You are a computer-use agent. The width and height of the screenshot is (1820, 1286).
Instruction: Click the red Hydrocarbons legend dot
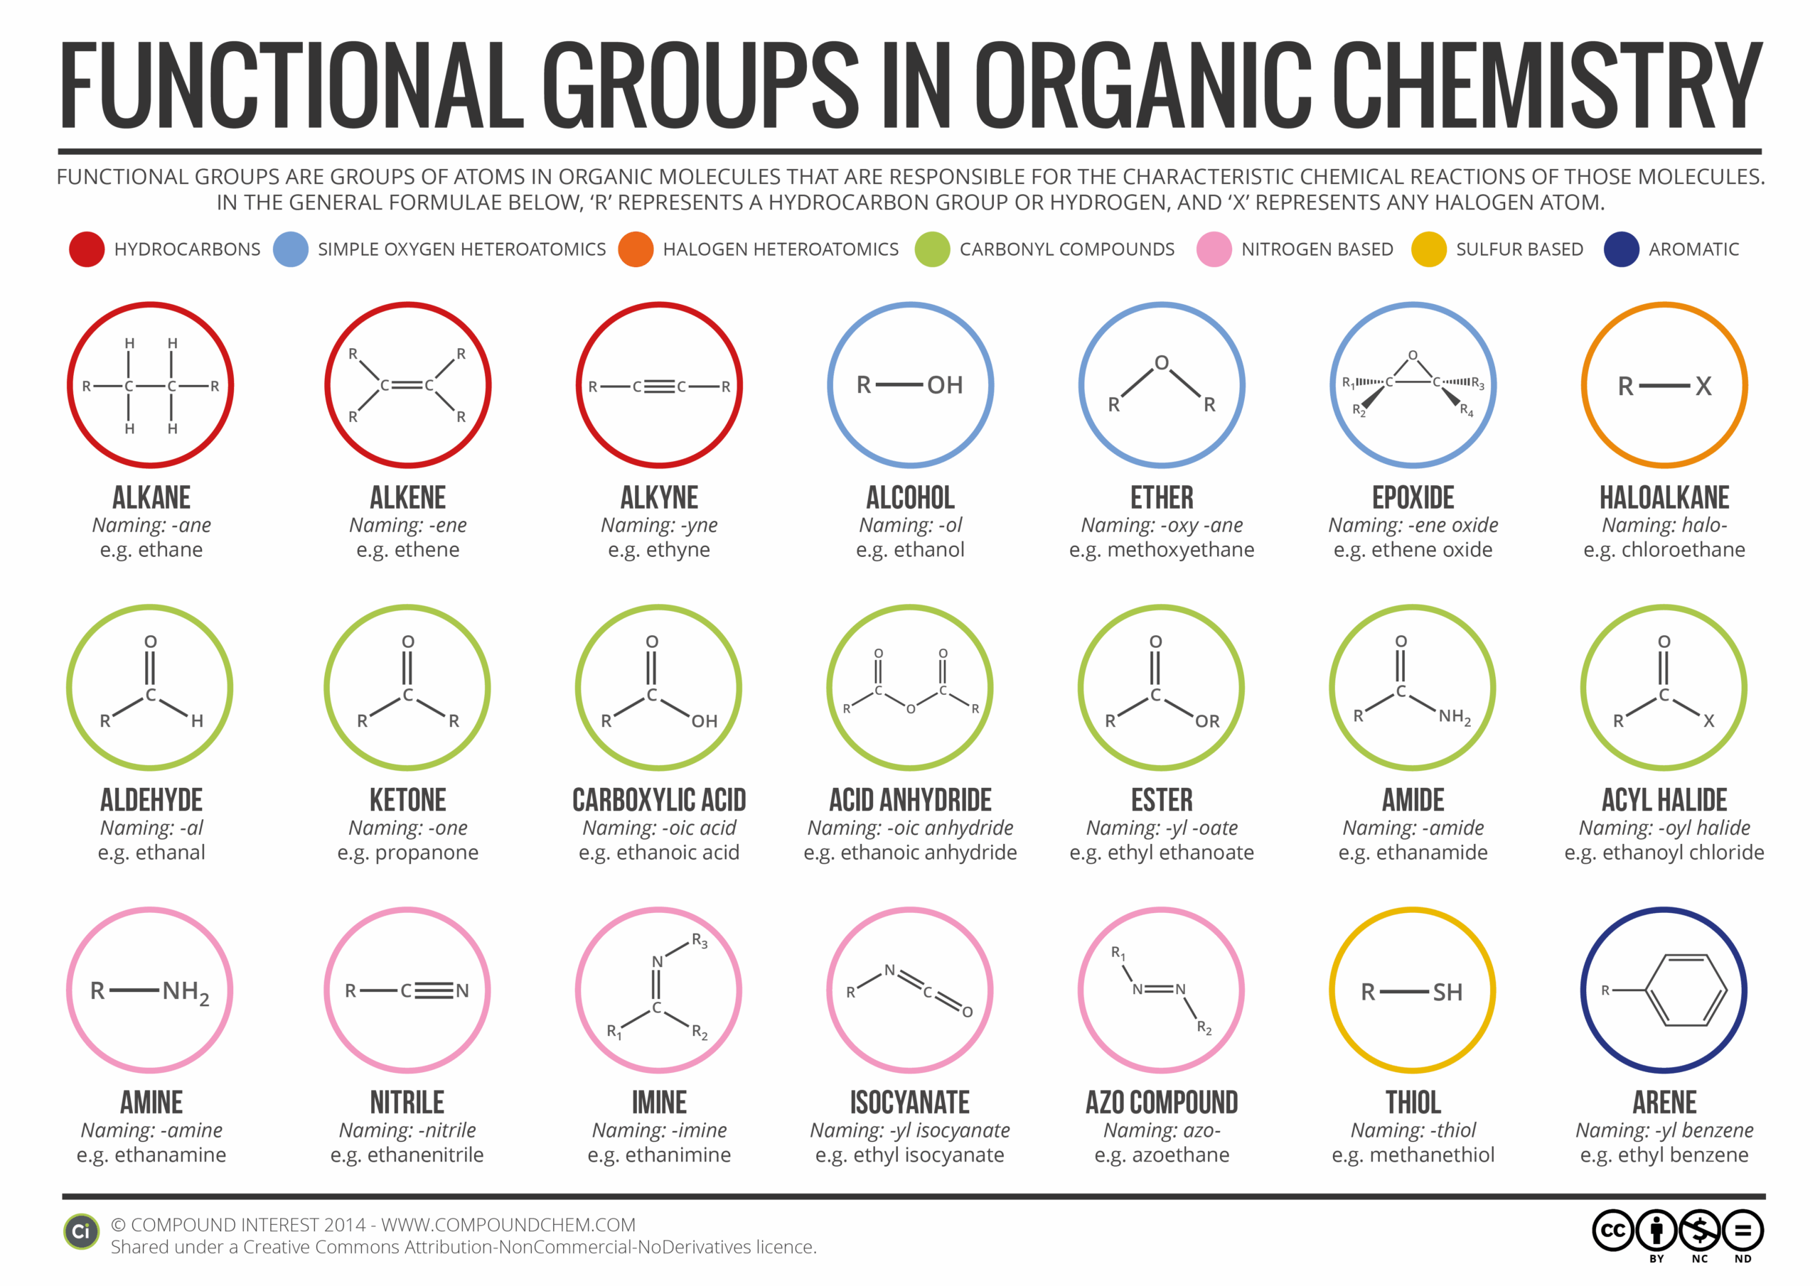tap(87, 249)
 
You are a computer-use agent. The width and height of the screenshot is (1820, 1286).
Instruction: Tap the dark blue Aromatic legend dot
tap(1620, 249)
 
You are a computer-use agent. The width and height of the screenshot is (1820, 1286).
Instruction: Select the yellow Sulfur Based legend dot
tap(1428, 249)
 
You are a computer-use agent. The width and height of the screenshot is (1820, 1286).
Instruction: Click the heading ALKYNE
tap(659, 497)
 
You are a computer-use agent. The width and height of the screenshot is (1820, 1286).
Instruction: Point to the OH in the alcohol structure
tap(944, 385)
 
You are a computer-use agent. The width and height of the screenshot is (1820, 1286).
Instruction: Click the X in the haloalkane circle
tap(1703, 387)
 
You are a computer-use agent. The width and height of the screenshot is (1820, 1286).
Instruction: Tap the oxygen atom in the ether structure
tap(1160, 363)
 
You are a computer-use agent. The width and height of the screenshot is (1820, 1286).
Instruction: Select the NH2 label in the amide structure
tap(1454, 716)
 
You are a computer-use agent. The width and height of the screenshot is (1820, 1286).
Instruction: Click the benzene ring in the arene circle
tap(1686, 990)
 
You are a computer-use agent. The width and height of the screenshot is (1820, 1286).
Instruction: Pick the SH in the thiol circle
tap(1447, 992)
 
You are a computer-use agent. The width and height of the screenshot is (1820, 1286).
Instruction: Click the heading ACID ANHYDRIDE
tap(910, 800)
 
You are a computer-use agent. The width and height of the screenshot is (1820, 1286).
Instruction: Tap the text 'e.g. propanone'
tap(407, 853)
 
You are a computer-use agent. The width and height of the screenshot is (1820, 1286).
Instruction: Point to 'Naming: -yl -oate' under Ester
tap(1161, 828)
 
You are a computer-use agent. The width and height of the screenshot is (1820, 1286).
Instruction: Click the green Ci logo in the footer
tap(81, 1231)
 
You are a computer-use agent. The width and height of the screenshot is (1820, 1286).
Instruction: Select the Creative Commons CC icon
tap(1612, 1230)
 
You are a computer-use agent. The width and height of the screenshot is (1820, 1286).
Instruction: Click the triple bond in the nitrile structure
tap(433, 990)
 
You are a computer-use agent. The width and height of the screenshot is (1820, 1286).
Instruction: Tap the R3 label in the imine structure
tap(698, 941)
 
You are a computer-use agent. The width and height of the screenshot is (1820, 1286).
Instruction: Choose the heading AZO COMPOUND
tap(1161, 1103)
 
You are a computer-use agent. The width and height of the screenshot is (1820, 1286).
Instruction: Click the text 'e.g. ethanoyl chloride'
tap(1664, 853)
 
